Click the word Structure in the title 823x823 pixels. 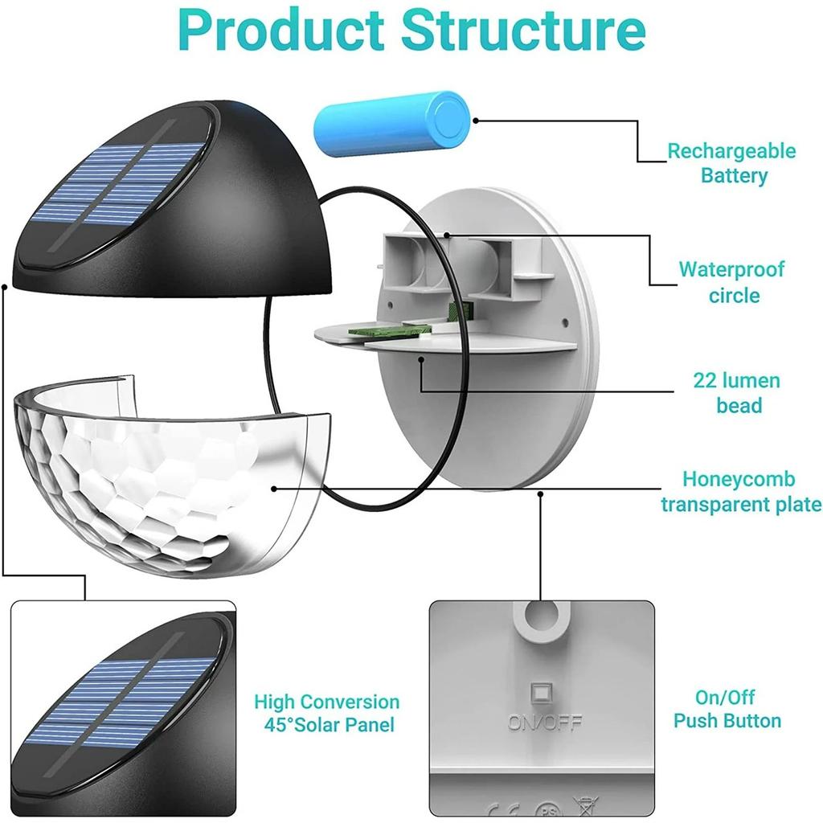pos(524,30)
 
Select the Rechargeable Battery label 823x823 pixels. pos(731,163)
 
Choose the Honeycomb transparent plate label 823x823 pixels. pos(740,491)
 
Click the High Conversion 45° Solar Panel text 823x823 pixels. pos(327,713)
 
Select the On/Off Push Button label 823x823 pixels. pos(727,709)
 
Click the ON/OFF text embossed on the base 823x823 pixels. pos(544,722)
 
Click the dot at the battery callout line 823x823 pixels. pos(476,121)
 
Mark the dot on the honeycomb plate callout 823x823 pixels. pos(274,487)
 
